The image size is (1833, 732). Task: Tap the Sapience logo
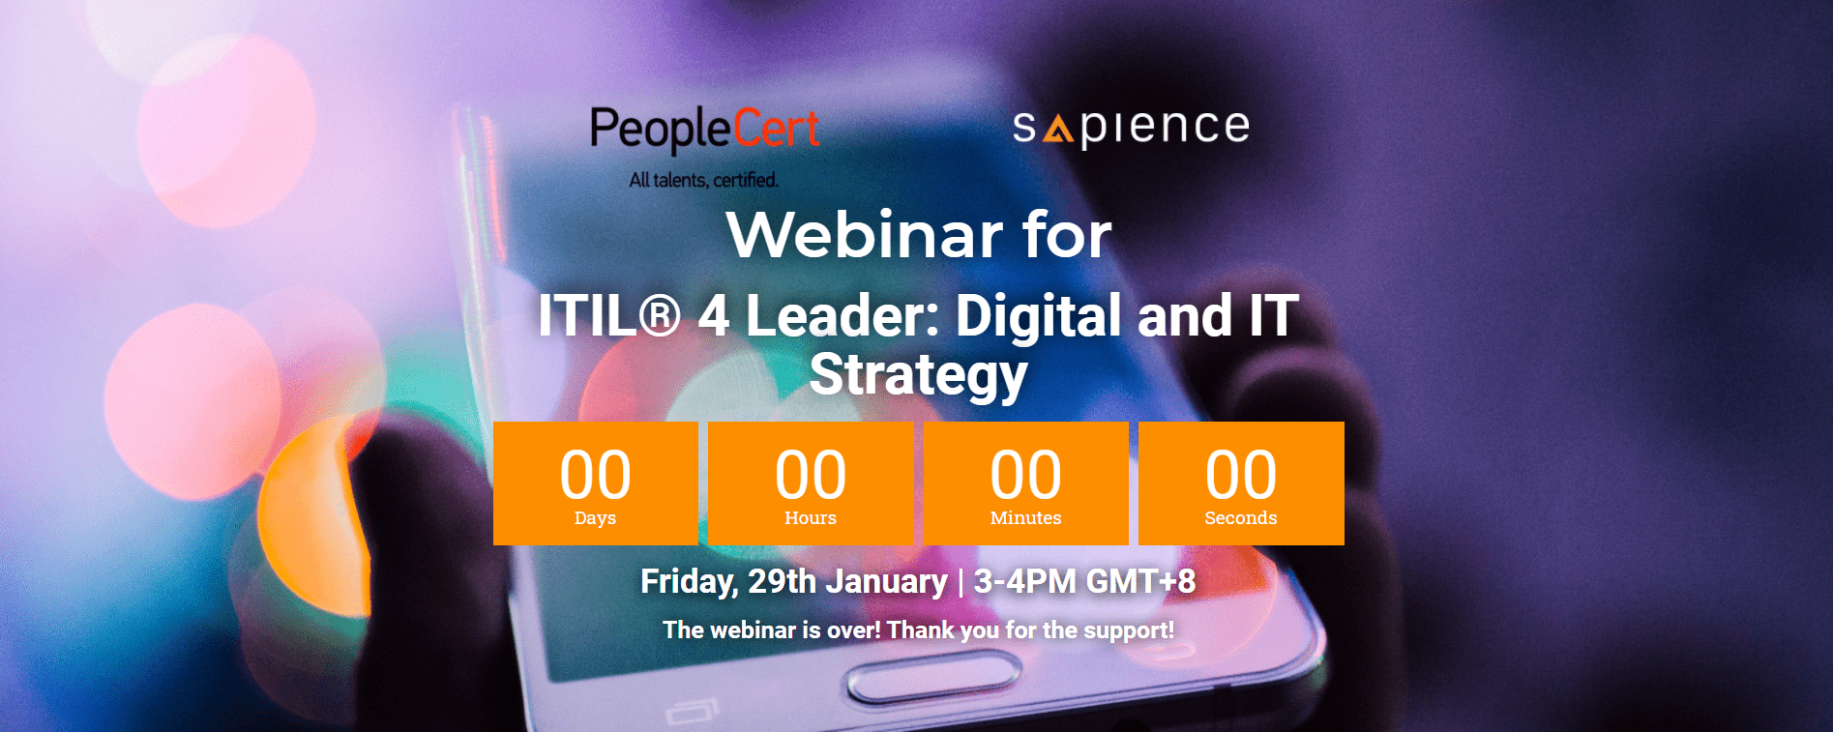[x=1131, y=128]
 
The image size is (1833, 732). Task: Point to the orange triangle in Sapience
[x=1058, y=129]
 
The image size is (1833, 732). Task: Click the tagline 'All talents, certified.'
[x=703, y=180]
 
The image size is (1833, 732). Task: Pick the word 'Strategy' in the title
[x=918, y=375]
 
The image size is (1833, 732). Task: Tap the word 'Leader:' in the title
[x=843, y=315]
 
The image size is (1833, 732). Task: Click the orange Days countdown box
[x=596, y=483]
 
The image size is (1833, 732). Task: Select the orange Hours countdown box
[x=811, y=483]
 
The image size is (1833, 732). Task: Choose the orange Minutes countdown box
[x=1026, y=483]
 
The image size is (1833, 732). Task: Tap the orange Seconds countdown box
[x=1241, y=483]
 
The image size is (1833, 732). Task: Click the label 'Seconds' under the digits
[x=1241, y=517]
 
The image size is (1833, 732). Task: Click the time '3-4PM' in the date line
[x=1024, y=581]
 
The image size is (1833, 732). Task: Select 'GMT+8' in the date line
[x=1140, y=581]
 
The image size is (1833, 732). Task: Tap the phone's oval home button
[x=933, y=681]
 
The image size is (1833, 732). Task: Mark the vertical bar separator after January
[x=961, y=582]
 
